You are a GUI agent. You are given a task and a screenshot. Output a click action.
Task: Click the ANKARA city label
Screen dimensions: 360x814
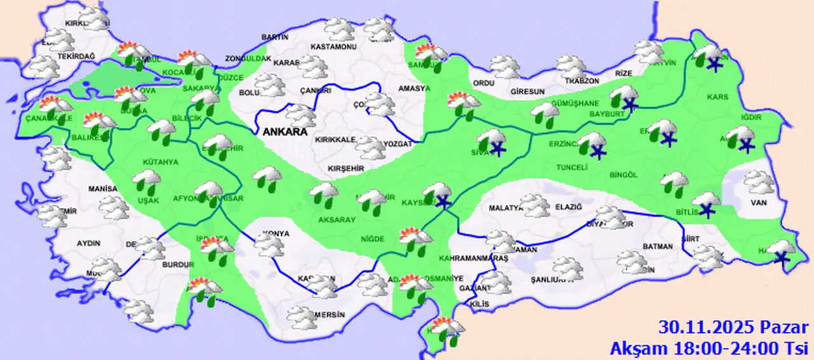tap(285, 132)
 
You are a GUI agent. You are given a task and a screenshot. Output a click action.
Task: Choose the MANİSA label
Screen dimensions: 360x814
tap(103, 190)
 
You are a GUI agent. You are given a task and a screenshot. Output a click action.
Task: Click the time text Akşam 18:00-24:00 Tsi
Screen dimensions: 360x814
tap(710, 348)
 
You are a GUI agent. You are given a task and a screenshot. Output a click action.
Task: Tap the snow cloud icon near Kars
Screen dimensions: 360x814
tap(710, 57)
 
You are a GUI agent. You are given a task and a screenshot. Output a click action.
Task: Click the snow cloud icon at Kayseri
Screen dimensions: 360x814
tap(438, 195)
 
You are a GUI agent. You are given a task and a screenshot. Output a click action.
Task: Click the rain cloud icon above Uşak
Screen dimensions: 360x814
tap(146, 183)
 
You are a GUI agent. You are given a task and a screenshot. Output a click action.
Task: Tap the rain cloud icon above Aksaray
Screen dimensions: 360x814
tap(324, 193)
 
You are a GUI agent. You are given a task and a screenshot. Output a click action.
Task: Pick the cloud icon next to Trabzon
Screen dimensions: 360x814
tap(570, 66)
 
